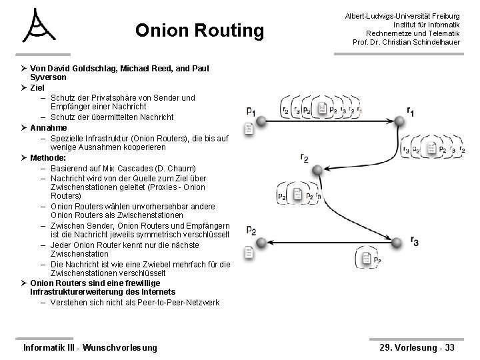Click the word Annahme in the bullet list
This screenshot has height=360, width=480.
pos(49,127)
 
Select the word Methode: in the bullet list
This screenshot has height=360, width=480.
pos(49,158)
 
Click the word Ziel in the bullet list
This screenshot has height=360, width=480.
pos(38,87)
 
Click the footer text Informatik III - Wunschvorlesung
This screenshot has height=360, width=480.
pos(90,347)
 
